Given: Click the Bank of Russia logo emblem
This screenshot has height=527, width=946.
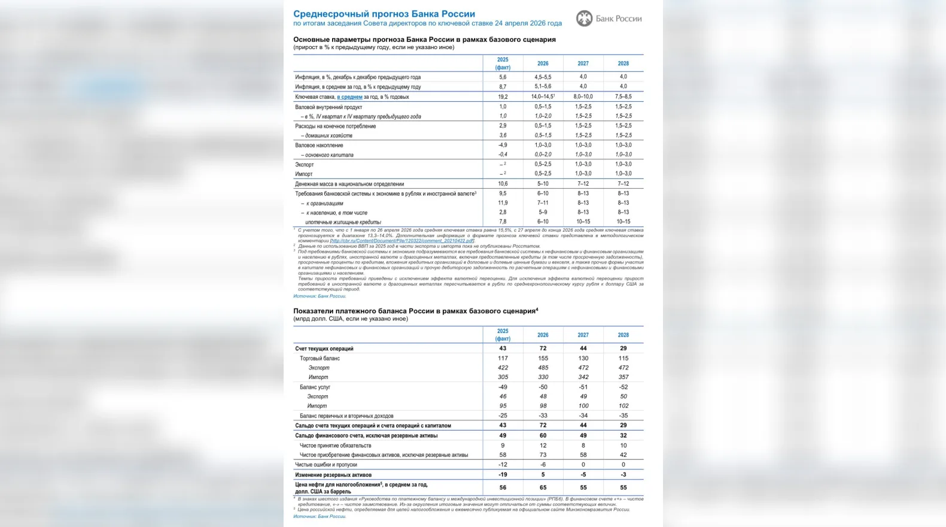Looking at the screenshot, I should click(x=584, y=19).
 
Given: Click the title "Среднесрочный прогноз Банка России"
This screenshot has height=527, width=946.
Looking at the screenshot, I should click(x=384, y=14).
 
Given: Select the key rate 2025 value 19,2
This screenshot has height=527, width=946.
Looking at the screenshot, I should click(x=503, y=96).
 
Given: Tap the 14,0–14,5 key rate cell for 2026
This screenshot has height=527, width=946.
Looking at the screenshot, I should click(x=543, y=96).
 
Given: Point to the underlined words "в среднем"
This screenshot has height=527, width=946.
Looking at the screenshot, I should click(x=349, y=97).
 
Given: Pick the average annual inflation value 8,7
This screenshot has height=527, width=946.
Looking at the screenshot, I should click(x=503, y=87).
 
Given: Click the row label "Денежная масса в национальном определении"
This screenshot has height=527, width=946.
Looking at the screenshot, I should click(x=349, y=184).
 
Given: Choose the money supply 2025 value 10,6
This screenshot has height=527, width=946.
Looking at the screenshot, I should click(x=503, y=184).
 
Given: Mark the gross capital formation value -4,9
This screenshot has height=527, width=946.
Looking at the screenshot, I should click(x=503, y=145).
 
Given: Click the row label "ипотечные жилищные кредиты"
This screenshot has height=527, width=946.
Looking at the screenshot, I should click(x=343, y=222).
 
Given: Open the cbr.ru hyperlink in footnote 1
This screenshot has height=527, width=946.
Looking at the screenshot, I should click(x=402, y=241).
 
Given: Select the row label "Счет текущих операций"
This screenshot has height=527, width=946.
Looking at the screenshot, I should click(x=324, y=349).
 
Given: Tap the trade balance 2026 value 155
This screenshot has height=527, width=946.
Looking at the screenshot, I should click(x=543, y=358).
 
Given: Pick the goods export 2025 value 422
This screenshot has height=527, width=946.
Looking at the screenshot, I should click(x=503, y=368).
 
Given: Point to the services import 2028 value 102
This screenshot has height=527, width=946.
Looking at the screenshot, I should click(x=623, y=406).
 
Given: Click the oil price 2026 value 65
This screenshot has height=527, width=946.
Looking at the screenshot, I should click(x=543, y=487).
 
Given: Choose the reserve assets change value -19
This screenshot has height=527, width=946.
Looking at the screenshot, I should click(x=503, y=474).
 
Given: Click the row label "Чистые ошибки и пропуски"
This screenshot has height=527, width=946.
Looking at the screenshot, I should click(x=326, y=465).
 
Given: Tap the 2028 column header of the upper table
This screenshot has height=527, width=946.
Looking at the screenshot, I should click(x=623, y=63).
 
